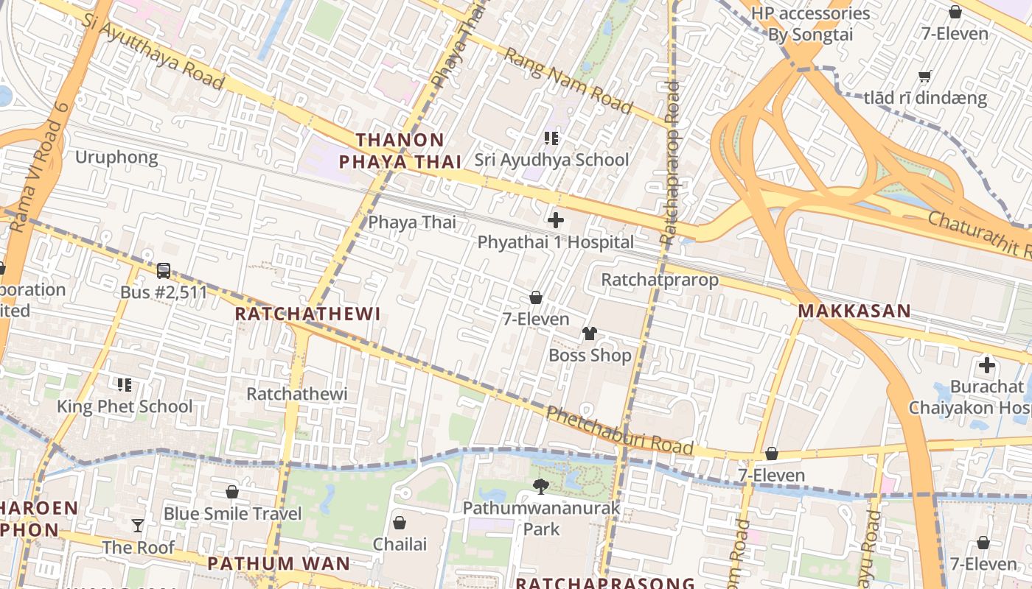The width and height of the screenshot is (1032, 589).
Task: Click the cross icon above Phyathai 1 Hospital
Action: pos(556,220)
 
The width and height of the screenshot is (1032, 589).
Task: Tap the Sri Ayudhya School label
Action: pos(551,160)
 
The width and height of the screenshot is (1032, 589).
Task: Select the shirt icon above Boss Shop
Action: pos(589,334)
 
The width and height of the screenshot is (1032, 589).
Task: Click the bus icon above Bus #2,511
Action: pos(164,271)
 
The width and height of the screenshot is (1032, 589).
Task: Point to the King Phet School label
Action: pos(125,406)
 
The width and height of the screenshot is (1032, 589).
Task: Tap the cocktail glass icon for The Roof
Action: pos(138,526)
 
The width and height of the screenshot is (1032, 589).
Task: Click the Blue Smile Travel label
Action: pos(232,514)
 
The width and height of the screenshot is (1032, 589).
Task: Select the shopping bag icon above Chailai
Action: pos(400,523)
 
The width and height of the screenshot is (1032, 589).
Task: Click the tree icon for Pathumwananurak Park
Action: pos(541,486)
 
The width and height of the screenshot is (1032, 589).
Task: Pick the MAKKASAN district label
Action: pos(854,311)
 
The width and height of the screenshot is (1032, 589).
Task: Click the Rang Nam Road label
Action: pos(568,81)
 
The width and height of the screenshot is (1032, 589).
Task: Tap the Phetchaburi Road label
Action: pos(619,431)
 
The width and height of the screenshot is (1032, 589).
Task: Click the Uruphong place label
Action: pos(116,158)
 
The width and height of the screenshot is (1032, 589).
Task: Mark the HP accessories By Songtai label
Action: pos(810,24)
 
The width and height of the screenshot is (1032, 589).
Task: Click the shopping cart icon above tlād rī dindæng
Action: pos(924,77)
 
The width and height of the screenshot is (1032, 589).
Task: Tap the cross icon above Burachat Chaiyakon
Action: pos(986,365)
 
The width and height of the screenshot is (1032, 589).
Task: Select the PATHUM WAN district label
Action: pos(279,564)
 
